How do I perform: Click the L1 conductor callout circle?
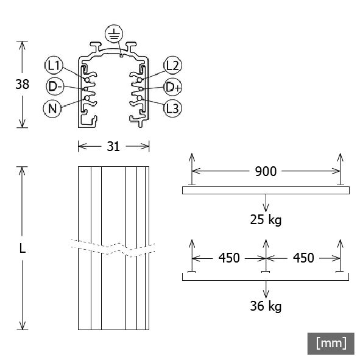tap(53, 65)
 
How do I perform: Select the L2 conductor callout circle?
tap(172, 65)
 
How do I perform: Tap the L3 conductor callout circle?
tap(172, 108)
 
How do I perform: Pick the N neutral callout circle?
tap(53, 108)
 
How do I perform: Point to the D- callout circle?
tap(54, 86)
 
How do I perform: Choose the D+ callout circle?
tap(173, 86)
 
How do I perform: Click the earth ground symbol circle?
tap(113, 35)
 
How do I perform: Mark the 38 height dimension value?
tap(22, 85)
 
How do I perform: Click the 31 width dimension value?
tap(114, 146)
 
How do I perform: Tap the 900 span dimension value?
tap(265, 172)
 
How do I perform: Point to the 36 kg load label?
tap(266, 306)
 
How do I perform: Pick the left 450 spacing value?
tap(228, 258)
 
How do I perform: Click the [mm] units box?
tap(331, 343)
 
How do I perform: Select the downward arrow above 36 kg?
tap(266, 288)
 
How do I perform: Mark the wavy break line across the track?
tap(113, 247)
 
